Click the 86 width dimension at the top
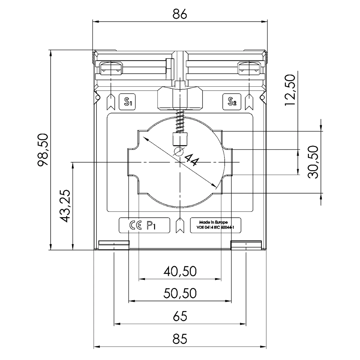tap(179, 14)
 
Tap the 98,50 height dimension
tap(43, 150)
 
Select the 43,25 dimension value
tap(65, 206)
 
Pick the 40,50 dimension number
tap(180, 271)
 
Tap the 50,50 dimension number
tap(180, 293)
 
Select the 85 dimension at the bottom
tap(180, 339)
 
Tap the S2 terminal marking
tap(232, 102)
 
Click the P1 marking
tap(151, 225)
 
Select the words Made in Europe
tap(213, 222)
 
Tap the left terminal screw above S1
tap(111, 68)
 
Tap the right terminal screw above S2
tap(249, 68)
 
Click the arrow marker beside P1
tap(180, 225)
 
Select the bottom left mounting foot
tap(114, 245)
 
